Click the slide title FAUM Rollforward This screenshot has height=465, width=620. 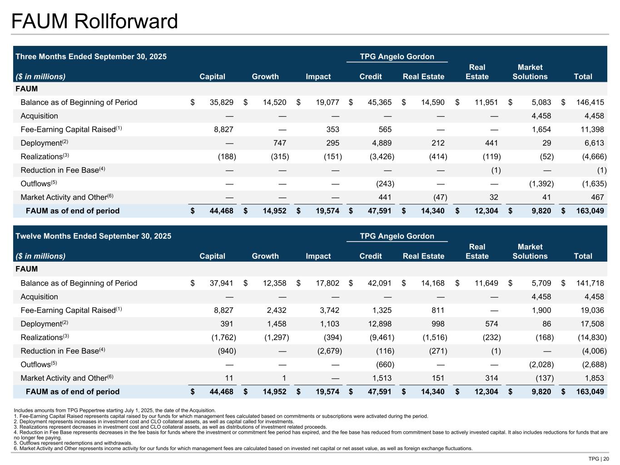(x=94, y=21)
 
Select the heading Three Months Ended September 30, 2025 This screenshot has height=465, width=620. (x=91, y=57)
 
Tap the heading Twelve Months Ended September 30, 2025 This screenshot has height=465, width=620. (x=94, y=236)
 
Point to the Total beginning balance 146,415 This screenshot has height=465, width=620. (x=590, y=102)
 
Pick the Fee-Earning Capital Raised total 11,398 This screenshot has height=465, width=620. (x=592, y=129)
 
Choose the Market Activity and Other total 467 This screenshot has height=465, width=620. (x=597, y=197)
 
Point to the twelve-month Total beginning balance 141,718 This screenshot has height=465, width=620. (x=590, y=283)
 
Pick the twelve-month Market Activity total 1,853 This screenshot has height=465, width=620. (x=595, y=378)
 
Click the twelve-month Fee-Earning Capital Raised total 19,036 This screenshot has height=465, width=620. (x=592, y=310)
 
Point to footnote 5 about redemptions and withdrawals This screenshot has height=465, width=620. (x=73, y=443)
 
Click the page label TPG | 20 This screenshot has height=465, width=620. (x=599, y=459)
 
